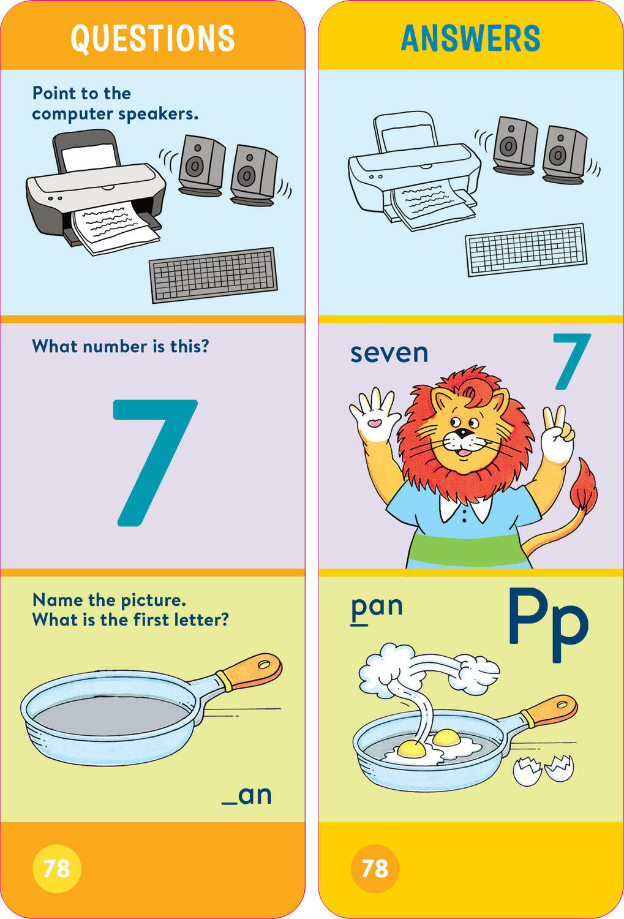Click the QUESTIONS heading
click(152, 38)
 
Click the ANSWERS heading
click(470, 38)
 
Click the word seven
click(389, 354)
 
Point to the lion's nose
click(463, 434)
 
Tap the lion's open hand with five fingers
click(373, 417)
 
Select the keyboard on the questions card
click(213, 275)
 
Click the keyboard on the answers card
click(526, 250)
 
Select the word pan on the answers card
click(377, 607)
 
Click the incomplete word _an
click(247, 795)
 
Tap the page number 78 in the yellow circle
click(56, 868)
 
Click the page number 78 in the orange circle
click(375, 868)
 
